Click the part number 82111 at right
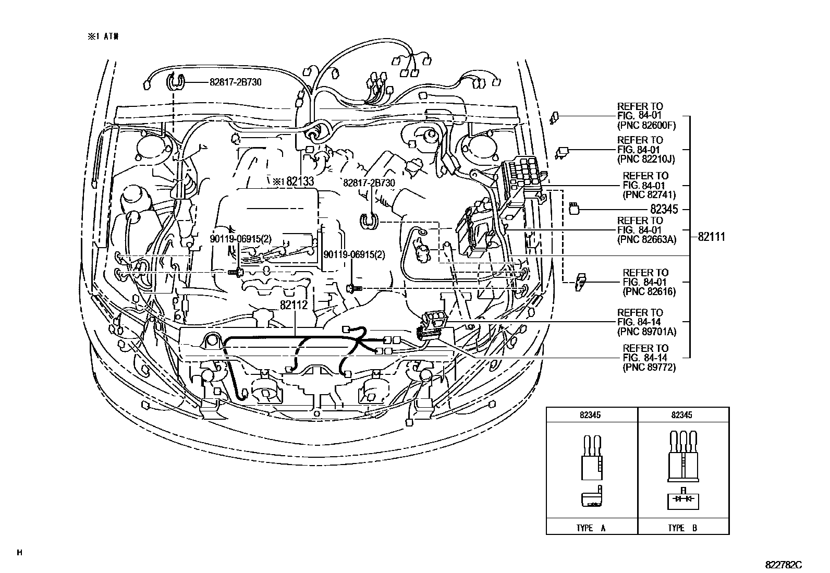[711, 237]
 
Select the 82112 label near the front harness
[294, 306]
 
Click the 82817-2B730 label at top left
[235, 82]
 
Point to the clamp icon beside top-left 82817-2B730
[176, 82]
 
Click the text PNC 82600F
[646, 126]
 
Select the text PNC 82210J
[646, 159]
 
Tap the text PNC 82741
[649, 195]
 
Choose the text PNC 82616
[649, 292]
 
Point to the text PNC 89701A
[646, 332]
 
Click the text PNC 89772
[649, 368]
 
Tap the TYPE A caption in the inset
[591, 528]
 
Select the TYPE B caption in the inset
[682, 528]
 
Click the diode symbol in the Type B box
[683, 499]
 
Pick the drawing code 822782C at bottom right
[783, 565]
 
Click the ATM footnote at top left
[103, 36]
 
